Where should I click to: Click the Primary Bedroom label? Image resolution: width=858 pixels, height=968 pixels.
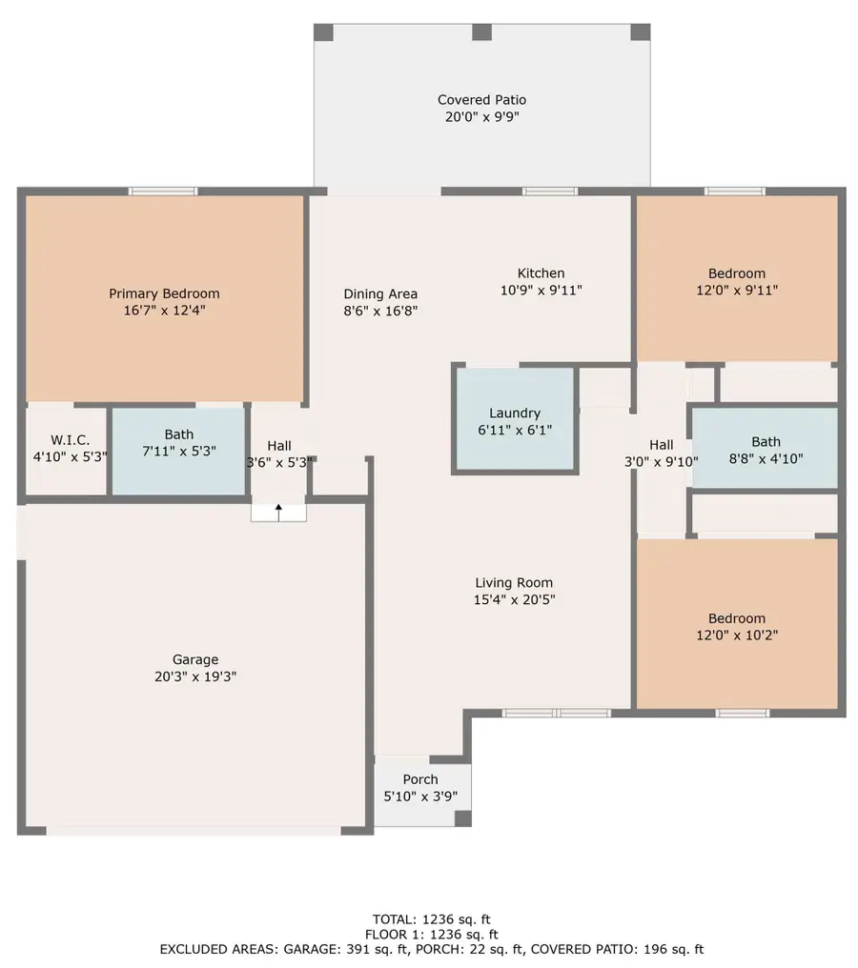tap(164, 293)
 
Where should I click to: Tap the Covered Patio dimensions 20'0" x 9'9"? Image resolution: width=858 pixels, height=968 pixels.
tap(481, 117)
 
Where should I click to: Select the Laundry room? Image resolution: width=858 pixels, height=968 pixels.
tap(515, 420)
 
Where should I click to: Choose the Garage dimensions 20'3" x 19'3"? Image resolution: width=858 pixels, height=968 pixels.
tap(195, 676)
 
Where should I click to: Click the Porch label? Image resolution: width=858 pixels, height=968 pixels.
tap(419, 779)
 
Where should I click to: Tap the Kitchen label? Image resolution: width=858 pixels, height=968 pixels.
tap(541, 273)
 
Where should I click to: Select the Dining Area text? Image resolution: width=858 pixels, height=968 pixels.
tap(380, 294)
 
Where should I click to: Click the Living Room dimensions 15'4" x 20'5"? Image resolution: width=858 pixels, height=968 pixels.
tap(514, 600)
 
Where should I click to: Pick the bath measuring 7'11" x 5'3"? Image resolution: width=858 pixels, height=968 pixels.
tap(178, 451)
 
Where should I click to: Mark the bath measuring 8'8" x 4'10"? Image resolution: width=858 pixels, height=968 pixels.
tap(766, 449)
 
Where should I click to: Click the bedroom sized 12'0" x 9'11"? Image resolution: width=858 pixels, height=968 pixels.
tap(736, 282)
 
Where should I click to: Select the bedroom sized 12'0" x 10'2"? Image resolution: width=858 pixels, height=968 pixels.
tap(736, 626)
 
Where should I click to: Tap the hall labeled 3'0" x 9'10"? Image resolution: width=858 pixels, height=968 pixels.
tap(662, 453)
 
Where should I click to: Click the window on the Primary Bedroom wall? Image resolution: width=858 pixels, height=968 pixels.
tap(163, 192)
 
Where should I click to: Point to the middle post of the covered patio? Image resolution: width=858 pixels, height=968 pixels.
tap(481, 31)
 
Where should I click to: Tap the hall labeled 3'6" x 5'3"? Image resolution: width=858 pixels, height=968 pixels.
tap(279, 454)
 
